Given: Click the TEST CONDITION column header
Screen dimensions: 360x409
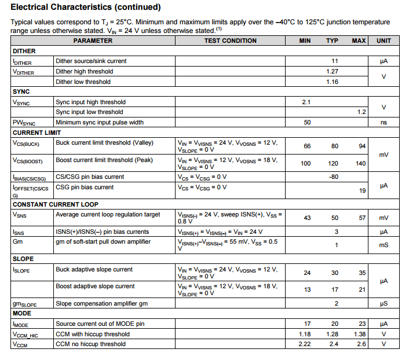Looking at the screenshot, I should click(231, 41).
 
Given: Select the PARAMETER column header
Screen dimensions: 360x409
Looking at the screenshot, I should click(93, 41).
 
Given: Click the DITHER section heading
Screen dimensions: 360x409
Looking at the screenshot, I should click(24, 51).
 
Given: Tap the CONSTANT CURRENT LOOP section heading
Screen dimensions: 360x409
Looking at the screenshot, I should click(55, 204).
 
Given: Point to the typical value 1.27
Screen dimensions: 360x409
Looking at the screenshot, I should click(332, 71).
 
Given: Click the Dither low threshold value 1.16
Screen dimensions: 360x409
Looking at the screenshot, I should click(332, 82).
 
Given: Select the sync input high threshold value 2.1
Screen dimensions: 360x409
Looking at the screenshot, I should click(306, 102).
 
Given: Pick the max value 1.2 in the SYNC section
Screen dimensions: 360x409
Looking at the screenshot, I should click(361, 112).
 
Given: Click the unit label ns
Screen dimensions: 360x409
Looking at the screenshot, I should click(384, 122).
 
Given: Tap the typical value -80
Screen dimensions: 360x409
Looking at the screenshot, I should click(333, 177).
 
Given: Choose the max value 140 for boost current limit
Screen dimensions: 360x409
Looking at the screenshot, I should click(361, 163).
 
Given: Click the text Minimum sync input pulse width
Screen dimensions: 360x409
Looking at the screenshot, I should click(100, 122).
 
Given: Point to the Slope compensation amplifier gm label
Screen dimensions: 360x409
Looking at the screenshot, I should click(101, 303).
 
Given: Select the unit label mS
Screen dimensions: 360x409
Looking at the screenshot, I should click(384, 245).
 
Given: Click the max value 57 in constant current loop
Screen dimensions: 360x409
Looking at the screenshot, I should click(363, 218).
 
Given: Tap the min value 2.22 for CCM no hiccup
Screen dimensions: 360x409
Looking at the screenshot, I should click(305, 344).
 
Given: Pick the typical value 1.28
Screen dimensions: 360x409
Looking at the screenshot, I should click(332, 334).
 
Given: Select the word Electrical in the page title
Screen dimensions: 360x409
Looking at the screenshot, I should click(34, 8).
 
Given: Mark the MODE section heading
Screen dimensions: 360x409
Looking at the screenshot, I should click(22, 313).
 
